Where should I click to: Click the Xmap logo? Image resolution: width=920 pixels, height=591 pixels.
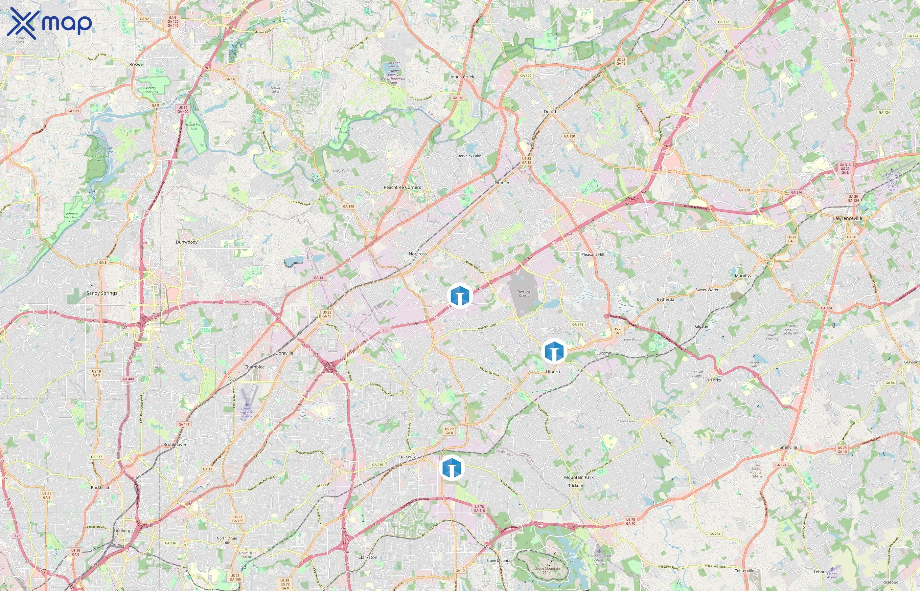pos(49,23)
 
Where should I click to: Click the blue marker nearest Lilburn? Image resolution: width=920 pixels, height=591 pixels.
pos(554,351)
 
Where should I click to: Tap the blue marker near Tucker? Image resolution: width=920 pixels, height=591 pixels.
pos(451,468)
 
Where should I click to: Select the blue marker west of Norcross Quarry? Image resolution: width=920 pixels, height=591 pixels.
pos(460,295)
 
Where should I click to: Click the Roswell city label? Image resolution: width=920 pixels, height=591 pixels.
pos(137,64)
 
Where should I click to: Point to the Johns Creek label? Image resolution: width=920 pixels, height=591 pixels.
pos(462,77)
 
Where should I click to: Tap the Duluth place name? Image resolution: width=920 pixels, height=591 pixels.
pos(550,112)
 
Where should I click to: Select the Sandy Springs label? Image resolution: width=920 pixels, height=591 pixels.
pos(102,293)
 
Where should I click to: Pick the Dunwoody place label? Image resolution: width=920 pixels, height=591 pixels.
pos(187,242)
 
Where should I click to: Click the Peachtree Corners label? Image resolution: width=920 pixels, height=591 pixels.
pos(402,187)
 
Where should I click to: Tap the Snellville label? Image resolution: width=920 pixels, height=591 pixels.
pos(788,448)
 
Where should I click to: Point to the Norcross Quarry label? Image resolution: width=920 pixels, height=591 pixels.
pos(524,294)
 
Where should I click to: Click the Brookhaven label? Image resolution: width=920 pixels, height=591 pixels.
pos(175,445)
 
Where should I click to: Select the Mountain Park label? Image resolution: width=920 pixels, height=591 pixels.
pos(578,477)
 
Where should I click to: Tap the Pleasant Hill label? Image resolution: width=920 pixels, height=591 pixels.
pos(592,254)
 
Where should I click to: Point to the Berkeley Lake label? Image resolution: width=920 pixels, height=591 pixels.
pos(469,156)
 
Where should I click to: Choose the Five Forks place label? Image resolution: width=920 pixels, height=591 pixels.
pos(711,380)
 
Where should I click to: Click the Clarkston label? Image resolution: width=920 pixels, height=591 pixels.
pos(367,557)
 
